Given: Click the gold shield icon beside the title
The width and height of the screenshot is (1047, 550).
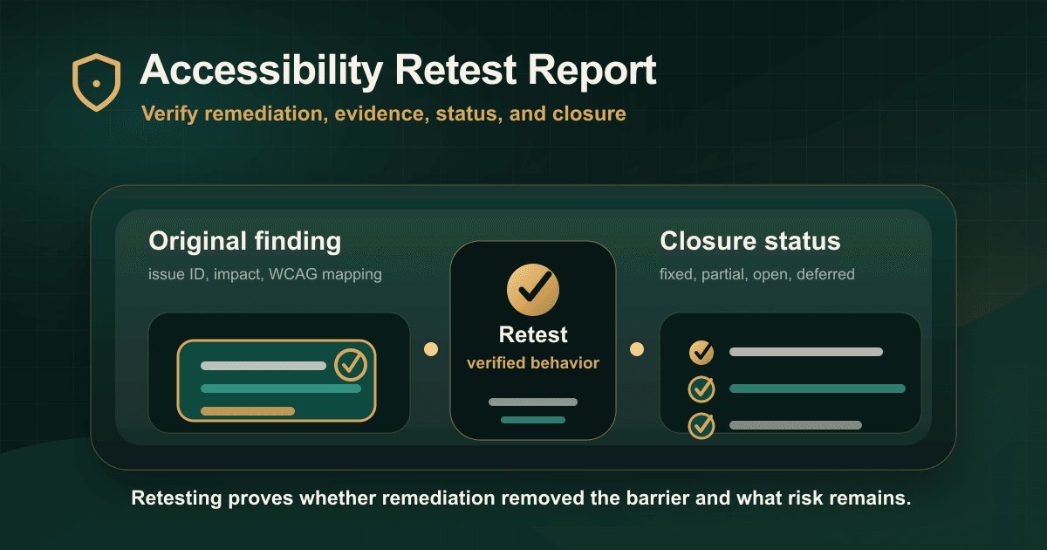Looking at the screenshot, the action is [x=96, y=82].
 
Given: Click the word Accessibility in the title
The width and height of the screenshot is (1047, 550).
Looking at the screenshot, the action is [x=261, y=70].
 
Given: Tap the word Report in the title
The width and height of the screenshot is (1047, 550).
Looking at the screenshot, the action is [x=592, y=71].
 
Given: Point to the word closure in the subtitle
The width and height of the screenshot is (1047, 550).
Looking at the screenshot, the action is [x=589, y=113].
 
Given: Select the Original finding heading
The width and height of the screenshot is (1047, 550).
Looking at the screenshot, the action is [x=245, y=242].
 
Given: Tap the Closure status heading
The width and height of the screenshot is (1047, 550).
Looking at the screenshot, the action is [x=750, y=241].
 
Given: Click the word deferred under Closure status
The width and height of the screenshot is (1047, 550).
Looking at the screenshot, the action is [x=825, y=274].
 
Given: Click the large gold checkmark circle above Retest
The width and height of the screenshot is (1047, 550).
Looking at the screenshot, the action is [x=533, y=290].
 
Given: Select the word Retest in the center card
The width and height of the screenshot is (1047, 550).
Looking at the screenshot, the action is [x=533, y=335].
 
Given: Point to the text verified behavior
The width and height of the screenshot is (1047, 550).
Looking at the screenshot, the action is [x=533, y=363].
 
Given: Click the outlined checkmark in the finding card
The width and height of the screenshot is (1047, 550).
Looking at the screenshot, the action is [x=351, y=364].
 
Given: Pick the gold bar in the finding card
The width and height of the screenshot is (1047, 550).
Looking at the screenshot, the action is [x=248, y=411].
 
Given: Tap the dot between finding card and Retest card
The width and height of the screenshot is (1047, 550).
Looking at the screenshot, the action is [x=431, y=349].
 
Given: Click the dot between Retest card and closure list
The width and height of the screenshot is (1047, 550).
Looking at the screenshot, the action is [x=637, y=349].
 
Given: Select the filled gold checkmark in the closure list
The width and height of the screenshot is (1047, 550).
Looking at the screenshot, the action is [x=701, y=352].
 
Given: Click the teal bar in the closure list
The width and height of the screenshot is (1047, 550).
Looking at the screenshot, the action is [x=817, y=388].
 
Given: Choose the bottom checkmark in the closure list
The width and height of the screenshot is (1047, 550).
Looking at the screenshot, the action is [x=701, y=425].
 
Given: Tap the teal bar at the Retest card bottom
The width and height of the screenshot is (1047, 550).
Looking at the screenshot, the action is [x=533, y=420].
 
